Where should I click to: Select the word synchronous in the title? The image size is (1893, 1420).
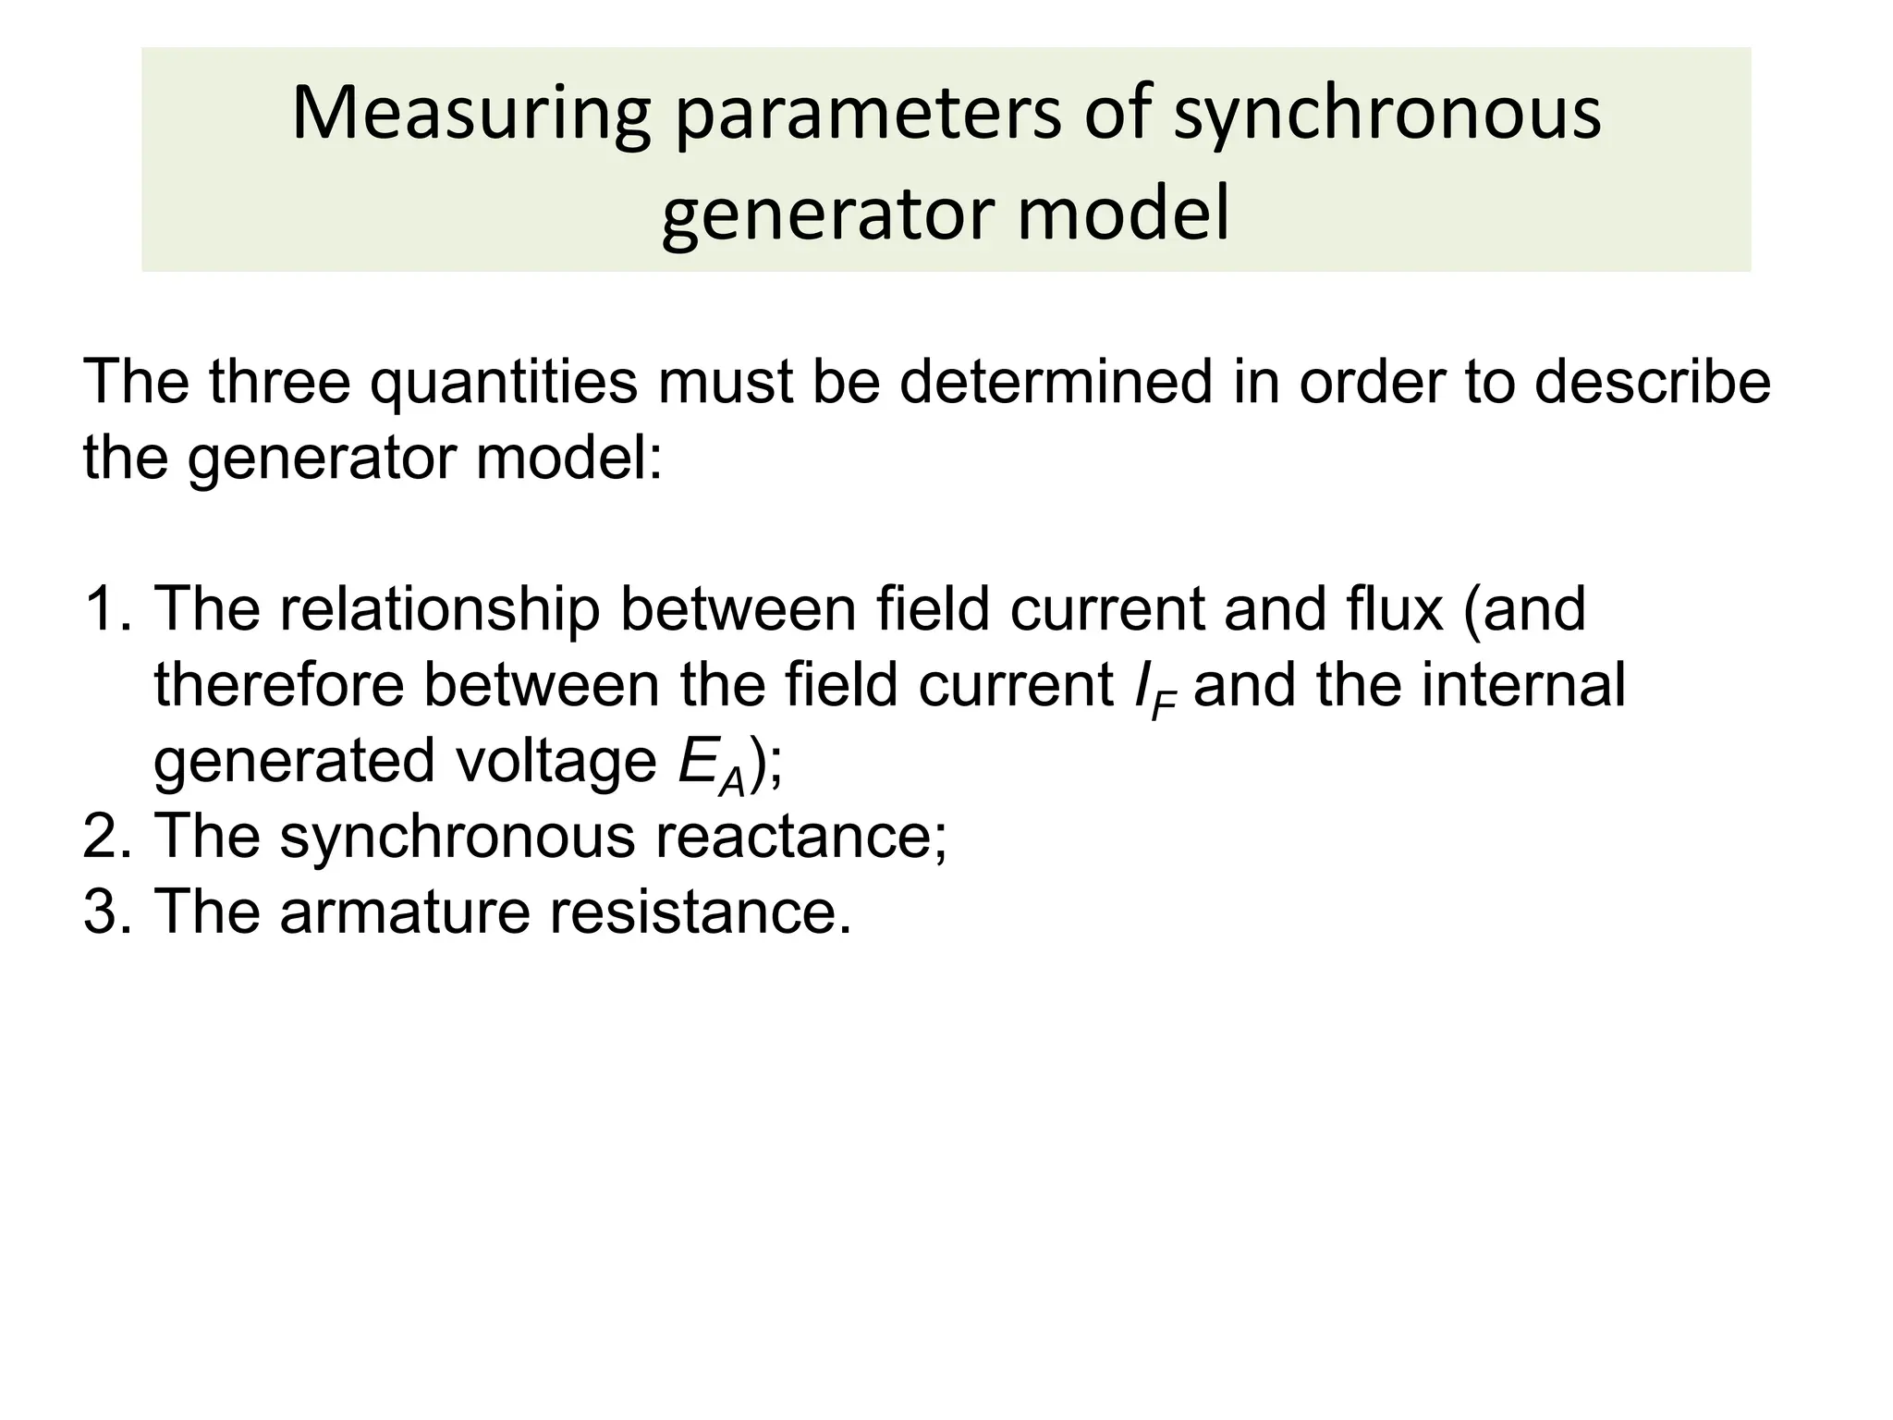[x=1386, y=115]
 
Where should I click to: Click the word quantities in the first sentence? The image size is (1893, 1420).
[x=504, y=383]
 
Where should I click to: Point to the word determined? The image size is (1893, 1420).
[x=1055, y=383]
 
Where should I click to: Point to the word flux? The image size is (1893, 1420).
[x=1389, y=609]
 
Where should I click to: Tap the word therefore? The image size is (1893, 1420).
[x=279, y=685]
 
